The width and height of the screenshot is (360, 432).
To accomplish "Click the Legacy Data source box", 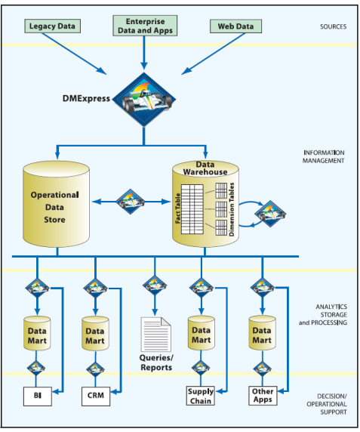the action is click(52, 26).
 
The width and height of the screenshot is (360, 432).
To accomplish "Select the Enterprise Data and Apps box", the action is click(145, 26).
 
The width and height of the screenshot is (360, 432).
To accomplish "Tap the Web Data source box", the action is click(235, 26).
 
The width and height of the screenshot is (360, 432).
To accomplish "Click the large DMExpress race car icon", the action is click(144, 100).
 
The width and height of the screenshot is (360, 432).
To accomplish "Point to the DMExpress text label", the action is click(86, 98).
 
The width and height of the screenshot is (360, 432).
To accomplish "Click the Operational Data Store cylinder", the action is click(56, 204).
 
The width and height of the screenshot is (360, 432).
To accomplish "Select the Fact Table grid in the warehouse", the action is click(192, 209).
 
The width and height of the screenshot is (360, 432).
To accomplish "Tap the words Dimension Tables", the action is click(232, 209).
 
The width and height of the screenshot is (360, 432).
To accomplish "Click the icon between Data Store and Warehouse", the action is click(131, 202).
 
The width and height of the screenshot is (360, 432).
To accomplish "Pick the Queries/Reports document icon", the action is click(155, 334).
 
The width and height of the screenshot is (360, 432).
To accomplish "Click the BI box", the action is click(38, 397).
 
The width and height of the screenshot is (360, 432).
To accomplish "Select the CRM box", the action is click(96, 397).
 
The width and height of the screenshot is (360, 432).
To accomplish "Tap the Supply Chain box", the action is click(201, 396).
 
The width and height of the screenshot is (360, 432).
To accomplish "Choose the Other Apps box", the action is click(263, 396).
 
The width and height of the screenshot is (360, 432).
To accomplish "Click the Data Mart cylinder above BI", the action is click(37, 333).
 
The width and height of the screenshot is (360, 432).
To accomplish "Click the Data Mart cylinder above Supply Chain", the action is click(202, 333).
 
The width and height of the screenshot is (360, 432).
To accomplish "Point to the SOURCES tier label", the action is click(333, 26).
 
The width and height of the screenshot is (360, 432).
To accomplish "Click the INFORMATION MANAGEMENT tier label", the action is click(323, 156).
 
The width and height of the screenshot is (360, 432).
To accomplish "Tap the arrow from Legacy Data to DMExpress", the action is click(74, 54).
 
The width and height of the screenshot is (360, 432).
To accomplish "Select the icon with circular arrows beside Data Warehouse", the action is click(269, 214).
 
